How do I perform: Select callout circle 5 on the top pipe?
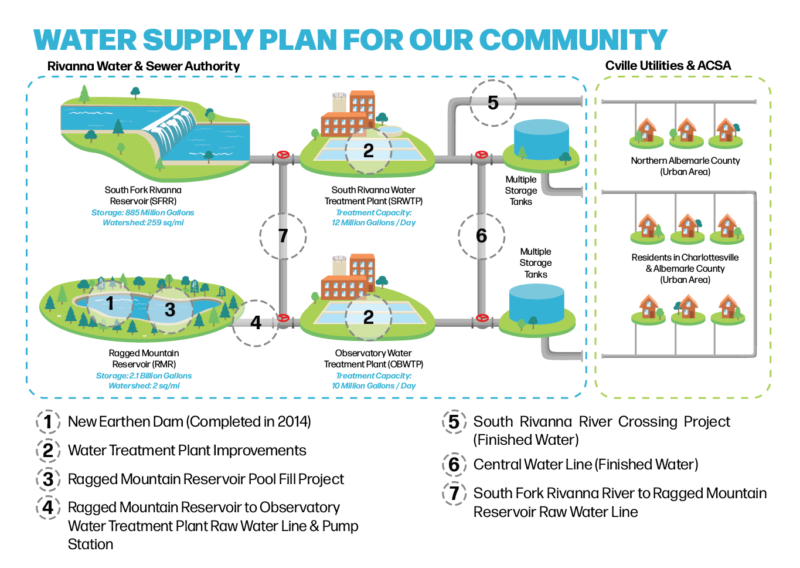tap(493, 103)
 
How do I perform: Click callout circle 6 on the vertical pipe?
tap(481, 236)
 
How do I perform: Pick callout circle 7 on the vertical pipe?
tap(283, 236)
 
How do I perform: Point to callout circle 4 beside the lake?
tap(256, 323)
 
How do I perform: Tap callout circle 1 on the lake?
tap(110, 303)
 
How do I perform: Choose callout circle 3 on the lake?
tap(170, 310)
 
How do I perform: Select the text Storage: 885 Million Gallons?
tap(142, 212)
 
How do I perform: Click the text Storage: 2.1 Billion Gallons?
tap(144, 376)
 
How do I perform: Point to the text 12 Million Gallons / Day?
tap(374, 223)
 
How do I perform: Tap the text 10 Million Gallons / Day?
tap(374, 386)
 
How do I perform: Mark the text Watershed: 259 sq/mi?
tap(143, 223)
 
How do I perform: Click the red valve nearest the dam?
tap(283, 155)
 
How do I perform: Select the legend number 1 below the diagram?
tap(48, 422)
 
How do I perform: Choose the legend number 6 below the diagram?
tap(454, 465)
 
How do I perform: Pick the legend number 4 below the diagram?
tap(48, 508)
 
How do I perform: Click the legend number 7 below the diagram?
tap(454, 493)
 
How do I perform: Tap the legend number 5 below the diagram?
tap(454, 422)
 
